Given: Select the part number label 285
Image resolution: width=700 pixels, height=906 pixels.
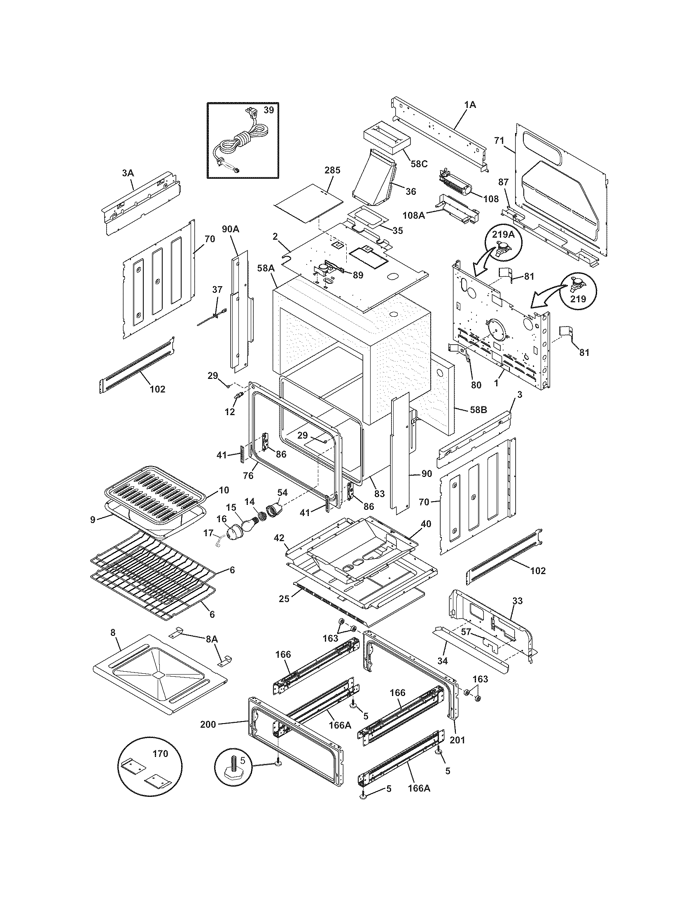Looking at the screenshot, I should click(332, 170).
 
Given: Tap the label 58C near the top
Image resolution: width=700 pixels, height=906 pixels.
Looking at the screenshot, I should click(418, 164).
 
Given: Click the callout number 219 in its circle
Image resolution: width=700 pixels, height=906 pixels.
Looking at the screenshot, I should click(578, 299).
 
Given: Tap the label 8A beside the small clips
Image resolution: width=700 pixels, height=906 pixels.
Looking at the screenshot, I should click(212, 639).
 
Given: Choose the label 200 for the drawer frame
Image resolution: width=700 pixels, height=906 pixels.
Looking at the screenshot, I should click(208, 724).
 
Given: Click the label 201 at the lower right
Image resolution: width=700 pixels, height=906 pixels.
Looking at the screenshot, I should click(457, 740).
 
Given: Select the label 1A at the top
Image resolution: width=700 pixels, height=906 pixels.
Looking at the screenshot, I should click(470, 105).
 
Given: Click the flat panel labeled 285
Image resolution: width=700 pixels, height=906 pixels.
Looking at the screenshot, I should click(309, 203).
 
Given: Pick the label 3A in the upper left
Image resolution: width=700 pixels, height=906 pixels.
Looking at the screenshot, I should click(128, 173).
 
